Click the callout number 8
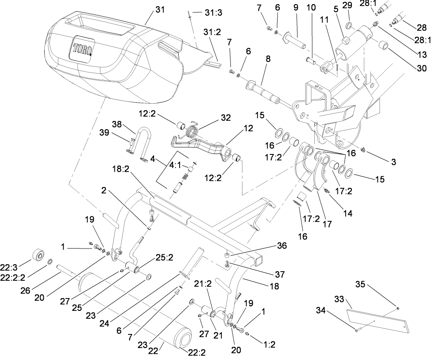pos(268,59)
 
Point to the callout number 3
pos(393,162)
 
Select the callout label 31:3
pos(213,12)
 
